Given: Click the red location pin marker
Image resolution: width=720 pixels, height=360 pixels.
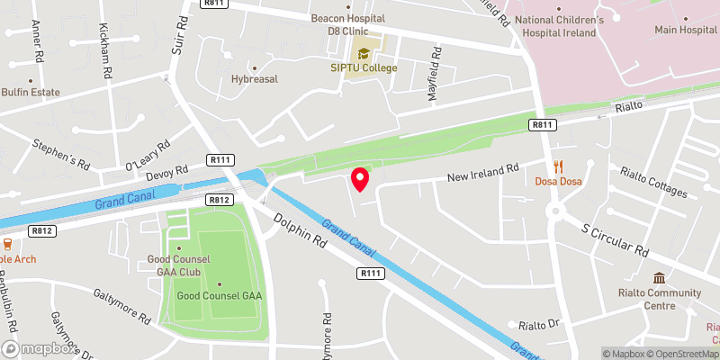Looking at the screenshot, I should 360,179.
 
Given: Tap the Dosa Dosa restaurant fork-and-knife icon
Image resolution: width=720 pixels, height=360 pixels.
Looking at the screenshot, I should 559,166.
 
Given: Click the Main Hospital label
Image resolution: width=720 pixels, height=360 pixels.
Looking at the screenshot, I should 685,30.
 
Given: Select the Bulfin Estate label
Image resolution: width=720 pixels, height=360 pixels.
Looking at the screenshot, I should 31,92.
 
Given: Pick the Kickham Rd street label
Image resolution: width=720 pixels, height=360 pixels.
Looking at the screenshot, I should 106,49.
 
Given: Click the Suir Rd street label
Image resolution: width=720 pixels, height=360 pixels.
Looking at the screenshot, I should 178,36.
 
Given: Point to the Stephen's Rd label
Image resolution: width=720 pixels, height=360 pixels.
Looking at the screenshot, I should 61,154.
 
